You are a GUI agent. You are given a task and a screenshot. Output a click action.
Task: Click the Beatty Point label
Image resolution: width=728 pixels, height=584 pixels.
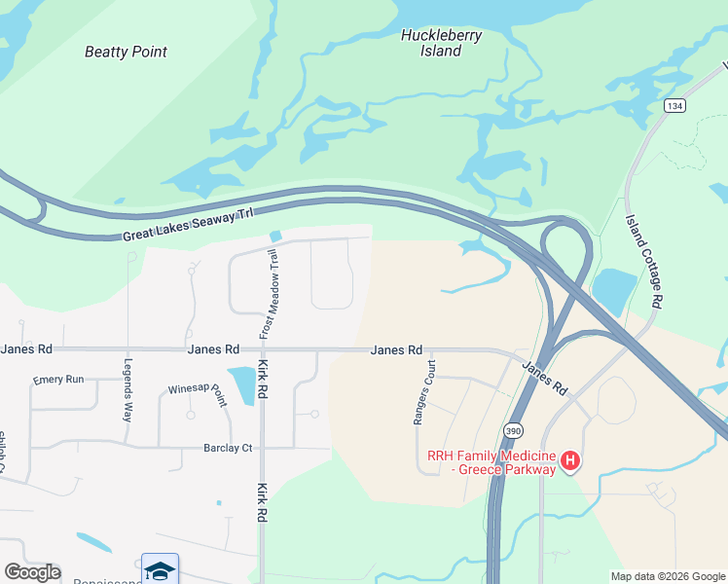tap(126, 52)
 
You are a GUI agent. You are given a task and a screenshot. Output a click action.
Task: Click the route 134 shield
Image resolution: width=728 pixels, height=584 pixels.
tap(673, 105)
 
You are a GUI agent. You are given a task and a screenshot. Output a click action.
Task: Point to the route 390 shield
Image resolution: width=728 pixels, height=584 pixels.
tap(513, 429)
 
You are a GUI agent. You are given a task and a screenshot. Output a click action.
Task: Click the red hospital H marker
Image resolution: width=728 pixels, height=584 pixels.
tap(572, 460)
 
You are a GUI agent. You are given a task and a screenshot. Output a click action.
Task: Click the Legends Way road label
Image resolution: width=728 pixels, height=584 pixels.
tap(127, 389)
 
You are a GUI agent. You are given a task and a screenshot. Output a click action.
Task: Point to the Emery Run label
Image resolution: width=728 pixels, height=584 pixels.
tap(58, 379)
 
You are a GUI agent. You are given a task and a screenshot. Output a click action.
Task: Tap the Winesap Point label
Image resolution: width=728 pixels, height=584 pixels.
tap(197, 392)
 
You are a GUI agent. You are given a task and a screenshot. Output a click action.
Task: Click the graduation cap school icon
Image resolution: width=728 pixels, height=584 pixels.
tap(160, 568)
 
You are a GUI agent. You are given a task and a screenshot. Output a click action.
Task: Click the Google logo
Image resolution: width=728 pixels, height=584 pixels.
tap(32, 572)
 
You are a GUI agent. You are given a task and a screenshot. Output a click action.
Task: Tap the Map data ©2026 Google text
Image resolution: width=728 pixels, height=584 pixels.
tap(667, 576)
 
